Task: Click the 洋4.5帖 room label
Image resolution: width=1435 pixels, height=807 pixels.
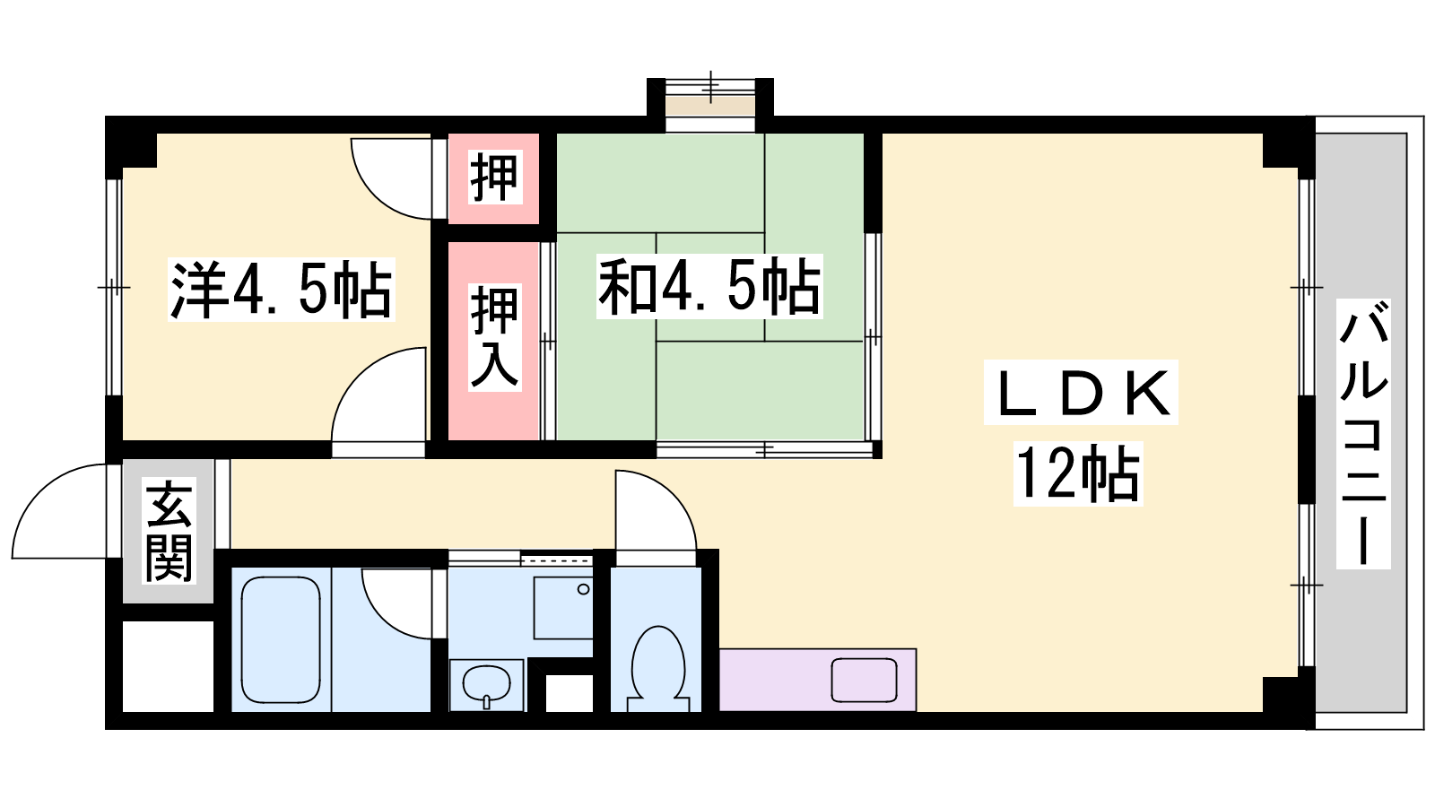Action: click(282, 290)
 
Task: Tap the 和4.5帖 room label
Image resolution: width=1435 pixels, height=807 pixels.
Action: click(709, 286)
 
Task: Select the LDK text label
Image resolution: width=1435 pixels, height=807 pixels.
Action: click(1081, 392)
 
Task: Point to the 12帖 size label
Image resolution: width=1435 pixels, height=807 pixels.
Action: click(1078, 474)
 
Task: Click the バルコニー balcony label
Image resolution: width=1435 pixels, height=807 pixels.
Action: click(1363, 434)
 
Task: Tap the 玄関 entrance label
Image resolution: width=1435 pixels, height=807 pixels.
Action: click(170, 533)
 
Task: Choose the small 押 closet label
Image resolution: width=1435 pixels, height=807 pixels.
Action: click(493, 178)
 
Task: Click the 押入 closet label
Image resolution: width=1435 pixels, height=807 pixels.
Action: click(494, 337)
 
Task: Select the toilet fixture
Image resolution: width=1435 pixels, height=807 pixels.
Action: click(658, 667)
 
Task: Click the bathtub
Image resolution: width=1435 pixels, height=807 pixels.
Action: click(281, 640)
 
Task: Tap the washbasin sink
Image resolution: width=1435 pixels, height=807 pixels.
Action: click(487, 685)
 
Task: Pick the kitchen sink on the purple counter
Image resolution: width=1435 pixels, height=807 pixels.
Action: click(864, 681)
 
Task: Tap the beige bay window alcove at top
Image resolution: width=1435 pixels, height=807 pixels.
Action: click(709, 106)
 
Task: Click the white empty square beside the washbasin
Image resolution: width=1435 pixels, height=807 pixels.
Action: click(569, 693)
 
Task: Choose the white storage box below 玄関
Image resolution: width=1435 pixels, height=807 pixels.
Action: click(168, 666)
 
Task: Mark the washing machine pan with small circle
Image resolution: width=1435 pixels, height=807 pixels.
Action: click(563, 608)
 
